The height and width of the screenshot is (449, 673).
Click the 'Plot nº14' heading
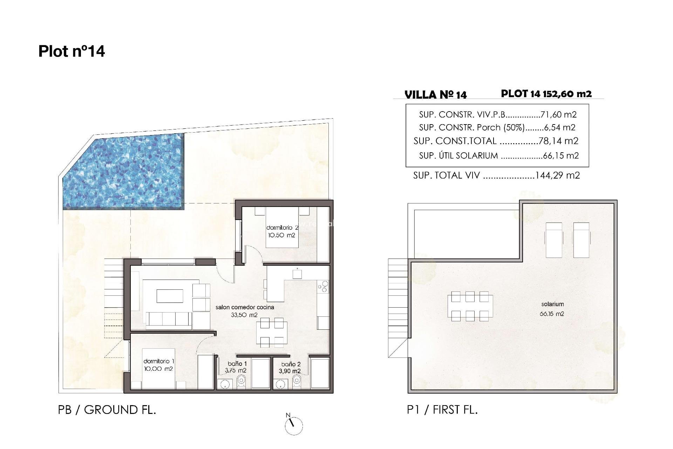click(x=72, y=51)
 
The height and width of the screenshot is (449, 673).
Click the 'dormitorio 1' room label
click(x=158, y=361)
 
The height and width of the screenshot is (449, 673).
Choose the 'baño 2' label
click(x=291, y=364)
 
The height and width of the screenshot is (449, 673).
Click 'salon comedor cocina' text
click(x=245, y=307)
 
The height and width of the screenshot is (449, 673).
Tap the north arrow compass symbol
click(x=294, y=425)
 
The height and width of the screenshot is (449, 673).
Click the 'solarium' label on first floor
click(x=552, y=304)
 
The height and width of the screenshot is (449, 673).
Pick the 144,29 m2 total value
click(x=557, y=175)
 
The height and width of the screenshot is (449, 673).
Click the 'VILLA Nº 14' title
click(x=435, y=95)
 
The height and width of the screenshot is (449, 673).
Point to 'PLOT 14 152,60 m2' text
click(x=546, y=94)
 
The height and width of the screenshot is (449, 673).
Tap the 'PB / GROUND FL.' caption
click(x=107, y=410)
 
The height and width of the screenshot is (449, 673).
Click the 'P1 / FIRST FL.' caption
click(x=442, y=410)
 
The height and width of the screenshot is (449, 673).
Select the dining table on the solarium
click(x=470, y=306)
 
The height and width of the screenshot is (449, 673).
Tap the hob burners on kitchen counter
click(x=323, y=287)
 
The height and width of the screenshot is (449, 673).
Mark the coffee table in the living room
click(x=170, y=296)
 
